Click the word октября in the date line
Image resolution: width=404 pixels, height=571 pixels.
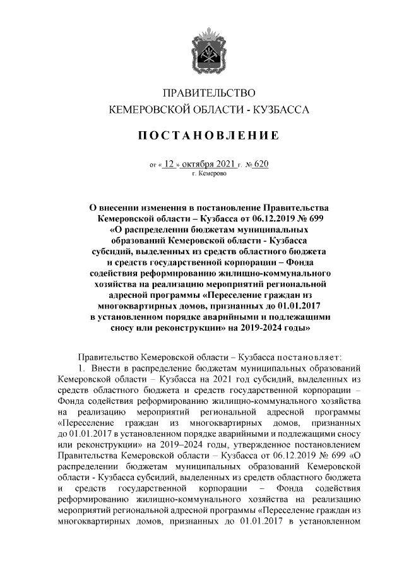(x=199, y=163)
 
